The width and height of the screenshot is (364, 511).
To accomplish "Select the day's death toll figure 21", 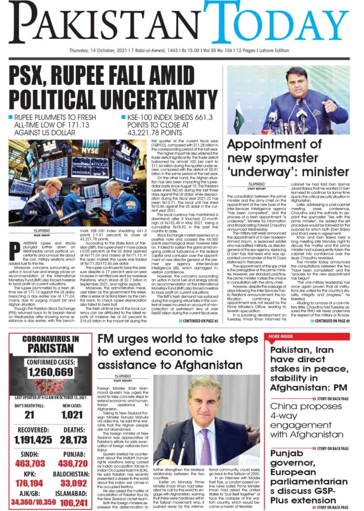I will [x=24, y=414].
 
